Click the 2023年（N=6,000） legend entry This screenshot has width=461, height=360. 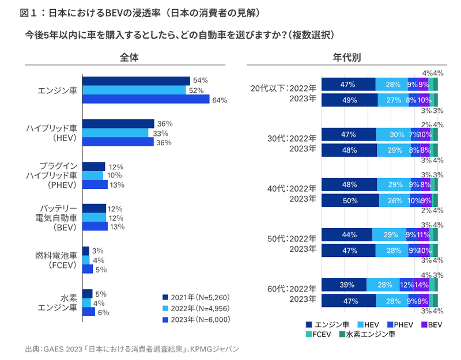click(x=196, y=320)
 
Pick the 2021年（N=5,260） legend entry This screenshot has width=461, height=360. click(x=196, y=297)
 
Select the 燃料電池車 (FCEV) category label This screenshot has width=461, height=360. click(x=57, y=260)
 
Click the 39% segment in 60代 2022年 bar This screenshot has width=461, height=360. click(x=343, y=285)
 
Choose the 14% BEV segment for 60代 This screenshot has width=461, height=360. click(x=421, y=285)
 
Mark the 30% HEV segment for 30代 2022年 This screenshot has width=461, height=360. click(x=393, y=135)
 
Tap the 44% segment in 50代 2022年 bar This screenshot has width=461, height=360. click(x=346, y=234)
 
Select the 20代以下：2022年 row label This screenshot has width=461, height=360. click(x=283, y=88)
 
